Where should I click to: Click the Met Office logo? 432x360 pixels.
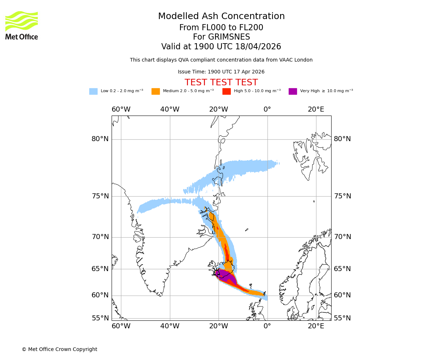click(22, 25)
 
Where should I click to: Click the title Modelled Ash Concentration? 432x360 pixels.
click(221, 17)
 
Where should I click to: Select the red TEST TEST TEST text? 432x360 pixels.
click(221, 83)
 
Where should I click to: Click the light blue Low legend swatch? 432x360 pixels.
click(93, 91)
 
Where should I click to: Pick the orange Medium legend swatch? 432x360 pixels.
click(156, 91)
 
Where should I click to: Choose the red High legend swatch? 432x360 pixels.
click(226, 91)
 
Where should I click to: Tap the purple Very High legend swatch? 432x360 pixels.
click(293, 91)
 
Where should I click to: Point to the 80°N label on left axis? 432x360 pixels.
click(100, 139)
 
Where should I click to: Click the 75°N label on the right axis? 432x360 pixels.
click(342, 196)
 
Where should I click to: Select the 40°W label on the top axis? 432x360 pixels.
click(170, 109)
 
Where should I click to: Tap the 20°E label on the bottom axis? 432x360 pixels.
click(316, 326)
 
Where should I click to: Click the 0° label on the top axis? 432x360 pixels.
click(267, 109)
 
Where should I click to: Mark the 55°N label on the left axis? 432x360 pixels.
click(100, 318)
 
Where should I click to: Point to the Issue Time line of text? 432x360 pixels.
click(221, 72)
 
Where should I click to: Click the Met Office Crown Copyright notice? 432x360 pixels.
click(59, 350)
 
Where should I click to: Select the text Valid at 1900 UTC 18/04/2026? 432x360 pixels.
click(221, 47)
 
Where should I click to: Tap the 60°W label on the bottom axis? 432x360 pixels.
click(121, 326)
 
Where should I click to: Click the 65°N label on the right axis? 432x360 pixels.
click(342, 269)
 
